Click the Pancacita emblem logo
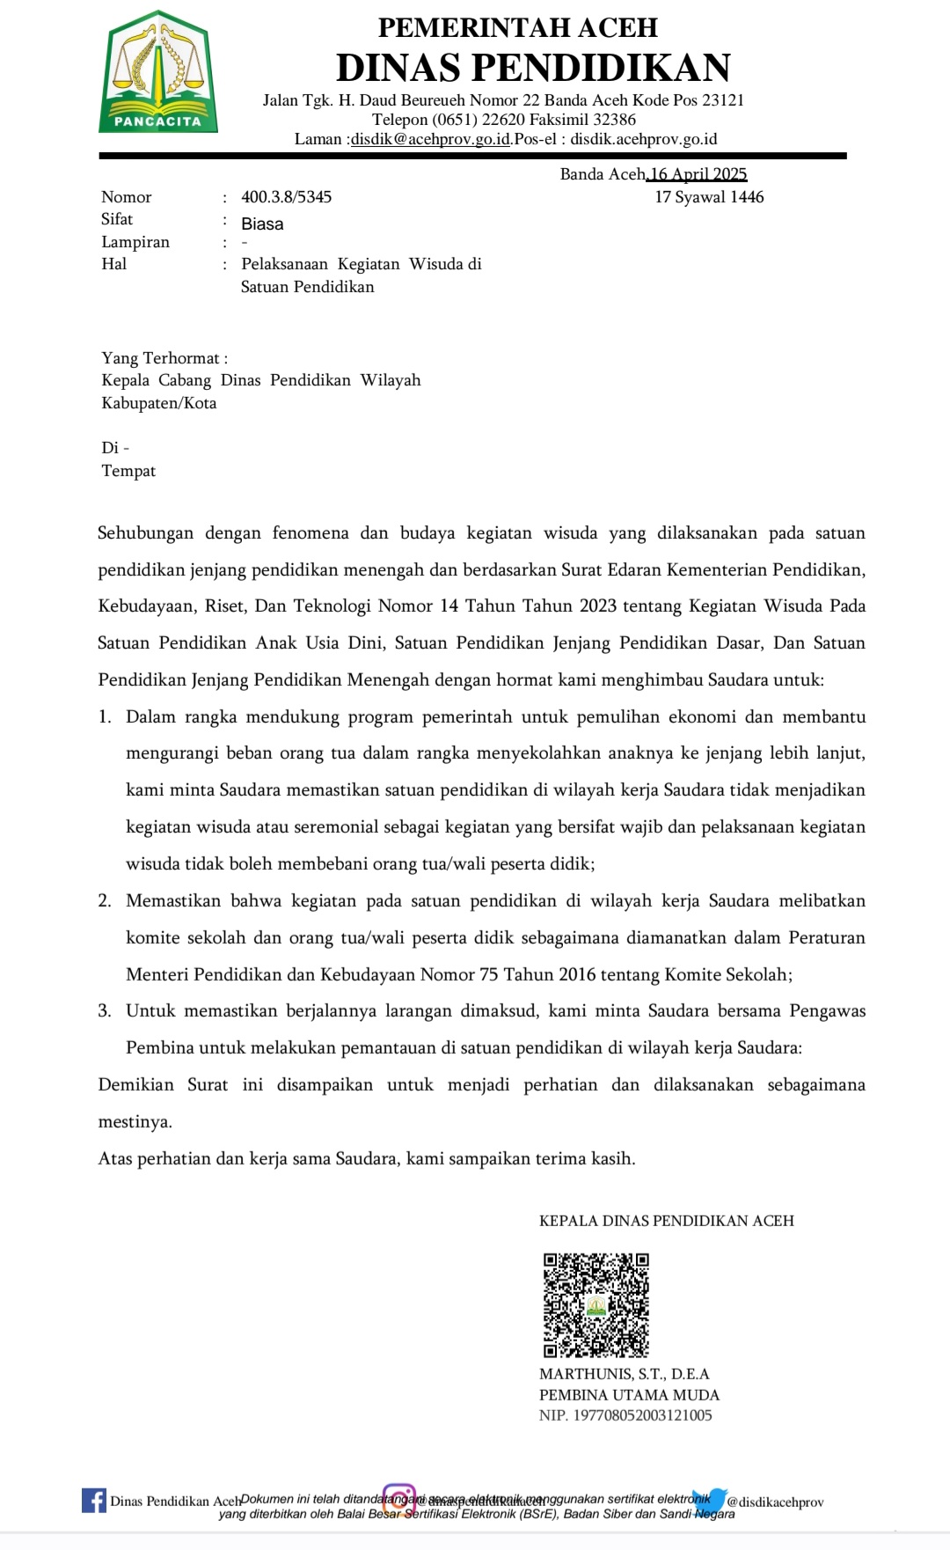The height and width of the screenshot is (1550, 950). coord(157,72)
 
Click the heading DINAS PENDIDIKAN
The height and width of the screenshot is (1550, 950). coord(533,68)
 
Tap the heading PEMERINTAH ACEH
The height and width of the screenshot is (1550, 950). coord(517,27)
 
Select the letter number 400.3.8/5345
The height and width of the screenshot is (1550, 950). coord(286,197)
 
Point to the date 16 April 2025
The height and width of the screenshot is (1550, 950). coord(698,174)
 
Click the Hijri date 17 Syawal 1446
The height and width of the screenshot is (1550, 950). coord(709,197)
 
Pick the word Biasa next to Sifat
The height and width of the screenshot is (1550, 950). coord(262,224)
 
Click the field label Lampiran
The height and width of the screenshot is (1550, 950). coord(135,242)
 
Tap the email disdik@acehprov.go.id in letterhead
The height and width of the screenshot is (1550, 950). coord(430,139)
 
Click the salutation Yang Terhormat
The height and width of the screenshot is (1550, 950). coord(161,358)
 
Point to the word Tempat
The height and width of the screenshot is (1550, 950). coord(128,471)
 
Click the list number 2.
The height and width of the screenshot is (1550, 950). coord(105,900)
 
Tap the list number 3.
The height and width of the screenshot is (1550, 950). coord(105,1010)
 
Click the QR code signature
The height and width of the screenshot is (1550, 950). coord(596,1305)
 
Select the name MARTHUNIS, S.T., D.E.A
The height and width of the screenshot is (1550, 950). coord(624,1374)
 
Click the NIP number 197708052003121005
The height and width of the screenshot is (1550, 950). coord(642,1415)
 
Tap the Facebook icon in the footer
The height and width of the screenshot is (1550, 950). coord(93,1500)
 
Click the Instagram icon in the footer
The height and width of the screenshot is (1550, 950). coord(398,1498)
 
